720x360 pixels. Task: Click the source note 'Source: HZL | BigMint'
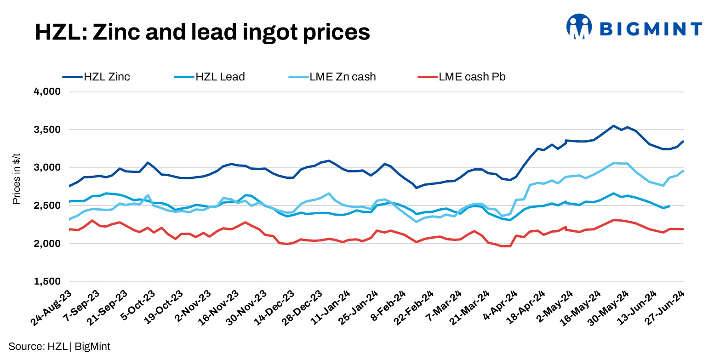click(59, 347)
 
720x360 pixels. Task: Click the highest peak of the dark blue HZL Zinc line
click(613, 126)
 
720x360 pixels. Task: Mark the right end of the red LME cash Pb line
click(683, 229)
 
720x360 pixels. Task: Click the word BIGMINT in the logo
click(651, 29)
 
